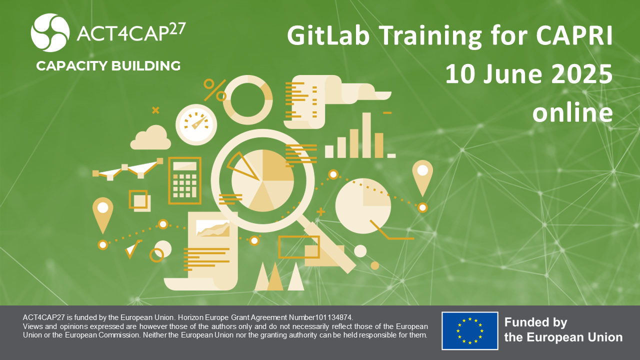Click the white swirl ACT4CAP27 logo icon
(50, 32)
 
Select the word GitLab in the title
(328, 36)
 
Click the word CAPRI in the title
(574, 35)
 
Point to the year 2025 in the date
(581, 74)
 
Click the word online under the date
(572, 111)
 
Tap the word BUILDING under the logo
(145, 65)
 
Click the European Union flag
(469, 331)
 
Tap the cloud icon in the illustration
(150, 137)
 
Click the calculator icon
(185, 180)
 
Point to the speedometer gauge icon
(196, 124)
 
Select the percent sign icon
(215, 90)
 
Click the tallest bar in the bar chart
(366, 135)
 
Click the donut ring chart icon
(247, 100)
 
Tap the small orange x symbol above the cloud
(155, 110)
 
